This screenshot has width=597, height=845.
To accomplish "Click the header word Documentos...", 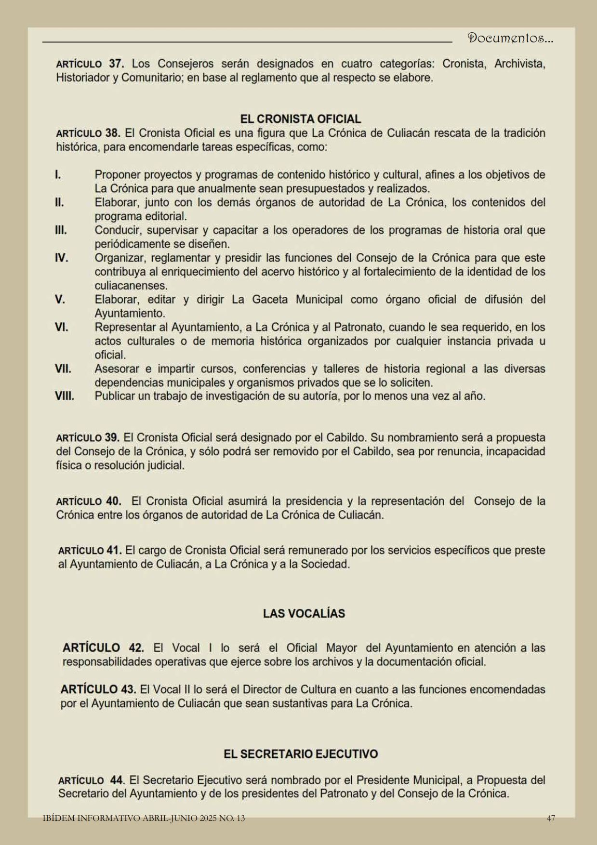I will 510,39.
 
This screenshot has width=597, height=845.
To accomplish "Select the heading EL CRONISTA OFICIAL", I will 300,119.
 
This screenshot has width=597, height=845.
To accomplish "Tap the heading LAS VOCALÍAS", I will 304,613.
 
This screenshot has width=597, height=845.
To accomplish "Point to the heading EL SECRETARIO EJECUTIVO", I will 301,754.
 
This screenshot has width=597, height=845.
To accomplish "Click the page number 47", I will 551,818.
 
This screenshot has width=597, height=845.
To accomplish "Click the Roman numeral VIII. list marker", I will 65,396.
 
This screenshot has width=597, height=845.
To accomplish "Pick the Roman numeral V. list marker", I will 60,299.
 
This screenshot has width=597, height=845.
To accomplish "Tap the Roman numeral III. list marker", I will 61,230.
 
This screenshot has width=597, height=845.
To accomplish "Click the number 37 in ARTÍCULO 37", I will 116,64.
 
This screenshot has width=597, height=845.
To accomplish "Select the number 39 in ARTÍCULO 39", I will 112,438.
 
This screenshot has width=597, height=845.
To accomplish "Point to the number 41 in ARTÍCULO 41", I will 114,550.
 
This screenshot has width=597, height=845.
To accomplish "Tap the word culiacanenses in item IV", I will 131,285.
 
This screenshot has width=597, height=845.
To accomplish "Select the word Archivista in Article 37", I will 519,64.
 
